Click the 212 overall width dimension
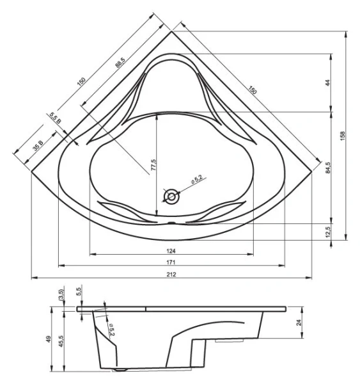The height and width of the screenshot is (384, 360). point(171,275)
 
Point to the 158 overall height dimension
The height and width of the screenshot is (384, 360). point(343,135)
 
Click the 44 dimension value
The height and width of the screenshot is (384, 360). point(327,83)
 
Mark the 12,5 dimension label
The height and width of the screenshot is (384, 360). point(327,230)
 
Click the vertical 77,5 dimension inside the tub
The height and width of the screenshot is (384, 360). point(153,166)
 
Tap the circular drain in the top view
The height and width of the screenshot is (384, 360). point(171,197)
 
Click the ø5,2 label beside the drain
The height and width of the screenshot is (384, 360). point(196,182)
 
